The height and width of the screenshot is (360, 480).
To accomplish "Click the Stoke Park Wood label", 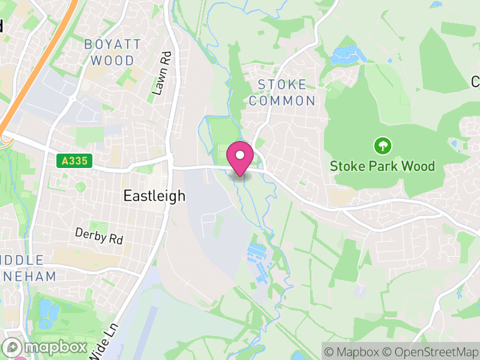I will (x=382, y=166).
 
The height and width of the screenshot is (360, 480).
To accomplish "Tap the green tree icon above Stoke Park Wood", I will (x=382, y=145).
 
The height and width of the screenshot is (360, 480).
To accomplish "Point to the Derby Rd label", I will (x=99, y=236).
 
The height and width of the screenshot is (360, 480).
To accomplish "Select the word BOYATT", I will (x=112, y=44).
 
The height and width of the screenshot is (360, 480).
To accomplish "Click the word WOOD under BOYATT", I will (x=113, y=61).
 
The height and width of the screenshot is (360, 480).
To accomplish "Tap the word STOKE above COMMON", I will (x=282, y=85).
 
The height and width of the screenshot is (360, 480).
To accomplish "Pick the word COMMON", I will (x=282, y=101).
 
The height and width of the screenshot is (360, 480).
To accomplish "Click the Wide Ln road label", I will (x=100, y=342).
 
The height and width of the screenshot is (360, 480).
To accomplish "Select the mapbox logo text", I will (x=55, y=347).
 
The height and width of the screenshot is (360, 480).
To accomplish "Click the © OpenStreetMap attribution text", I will (x=430, y=351).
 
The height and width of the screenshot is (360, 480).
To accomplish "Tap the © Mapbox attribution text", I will (x=352, y=351).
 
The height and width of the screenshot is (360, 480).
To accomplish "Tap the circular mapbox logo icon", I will (x=13, y=347).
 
